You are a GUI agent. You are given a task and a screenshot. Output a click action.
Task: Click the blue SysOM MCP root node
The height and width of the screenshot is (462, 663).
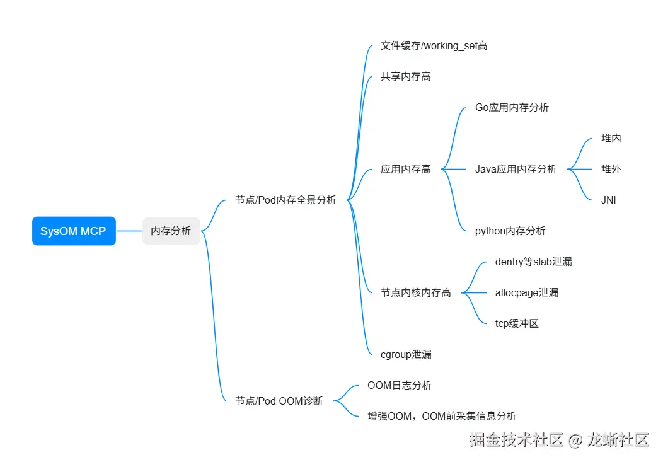(x=74, y=231)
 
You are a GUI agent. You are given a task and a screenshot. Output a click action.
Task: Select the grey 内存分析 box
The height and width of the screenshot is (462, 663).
(x=171, y=231)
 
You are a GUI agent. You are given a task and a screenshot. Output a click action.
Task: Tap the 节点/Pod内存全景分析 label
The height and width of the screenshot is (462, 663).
(x=285, y=200)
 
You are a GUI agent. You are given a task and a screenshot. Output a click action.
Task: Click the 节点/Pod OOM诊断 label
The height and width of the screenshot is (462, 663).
(x=279, y=401)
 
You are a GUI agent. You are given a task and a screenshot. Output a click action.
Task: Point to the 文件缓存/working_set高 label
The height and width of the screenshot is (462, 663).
(x=434, y=45)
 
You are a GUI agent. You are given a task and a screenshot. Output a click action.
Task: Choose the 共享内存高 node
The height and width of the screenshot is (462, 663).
(x=406, y=76)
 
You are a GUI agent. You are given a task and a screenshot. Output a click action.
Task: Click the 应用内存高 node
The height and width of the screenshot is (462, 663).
(x=406, y=169)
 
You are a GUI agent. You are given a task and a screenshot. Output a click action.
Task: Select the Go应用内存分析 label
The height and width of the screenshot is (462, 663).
(x=512, y=107)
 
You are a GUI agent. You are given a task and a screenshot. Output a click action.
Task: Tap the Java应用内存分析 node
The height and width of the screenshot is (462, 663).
(x=516, y=169)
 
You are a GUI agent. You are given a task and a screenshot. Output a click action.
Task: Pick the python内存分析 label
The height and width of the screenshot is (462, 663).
(x=510, y=231)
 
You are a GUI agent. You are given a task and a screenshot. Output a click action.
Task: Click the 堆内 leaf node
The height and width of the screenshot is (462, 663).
(x=611, y=138)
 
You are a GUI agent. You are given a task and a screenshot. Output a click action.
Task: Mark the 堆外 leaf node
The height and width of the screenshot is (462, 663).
(x=611, y=169)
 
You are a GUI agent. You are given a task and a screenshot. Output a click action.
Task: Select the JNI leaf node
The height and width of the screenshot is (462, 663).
(x=608, y=200)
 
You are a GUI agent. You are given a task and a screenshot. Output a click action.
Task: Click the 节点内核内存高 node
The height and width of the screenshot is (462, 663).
(x=416, y=292)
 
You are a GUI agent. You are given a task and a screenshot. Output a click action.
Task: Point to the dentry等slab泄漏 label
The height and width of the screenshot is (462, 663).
(x=533, y=262)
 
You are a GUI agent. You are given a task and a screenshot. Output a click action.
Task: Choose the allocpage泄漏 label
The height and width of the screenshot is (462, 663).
(x=527, y=292)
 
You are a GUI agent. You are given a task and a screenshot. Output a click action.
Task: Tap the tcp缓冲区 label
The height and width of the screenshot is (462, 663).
(x=517, y=323)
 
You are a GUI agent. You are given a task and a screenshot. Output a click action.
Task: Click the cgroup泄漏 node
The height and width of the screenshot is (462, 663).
(x=406, y=354)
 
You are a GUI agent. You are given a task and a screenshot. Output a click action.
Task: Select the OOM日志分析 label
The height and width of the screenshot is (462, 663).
(x=399, y=385)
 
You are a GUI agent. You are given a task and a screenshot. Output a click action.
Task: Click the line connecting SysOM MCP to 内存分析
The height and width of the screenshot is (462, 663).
(x=129, y=231)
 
